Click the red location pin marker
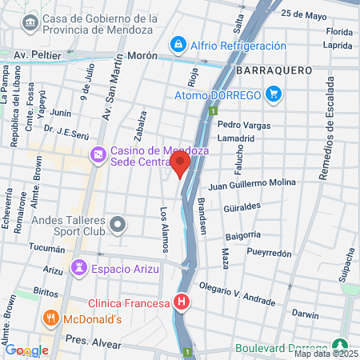(179, 165)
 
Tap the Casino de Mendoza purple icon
(98, 153)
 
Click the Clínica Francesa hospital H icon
(182, 302)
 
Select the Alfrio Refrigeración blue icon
(178, 44)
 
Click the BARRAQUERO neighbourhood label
(274, 70)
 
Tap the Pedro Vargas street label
(240, 125)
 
